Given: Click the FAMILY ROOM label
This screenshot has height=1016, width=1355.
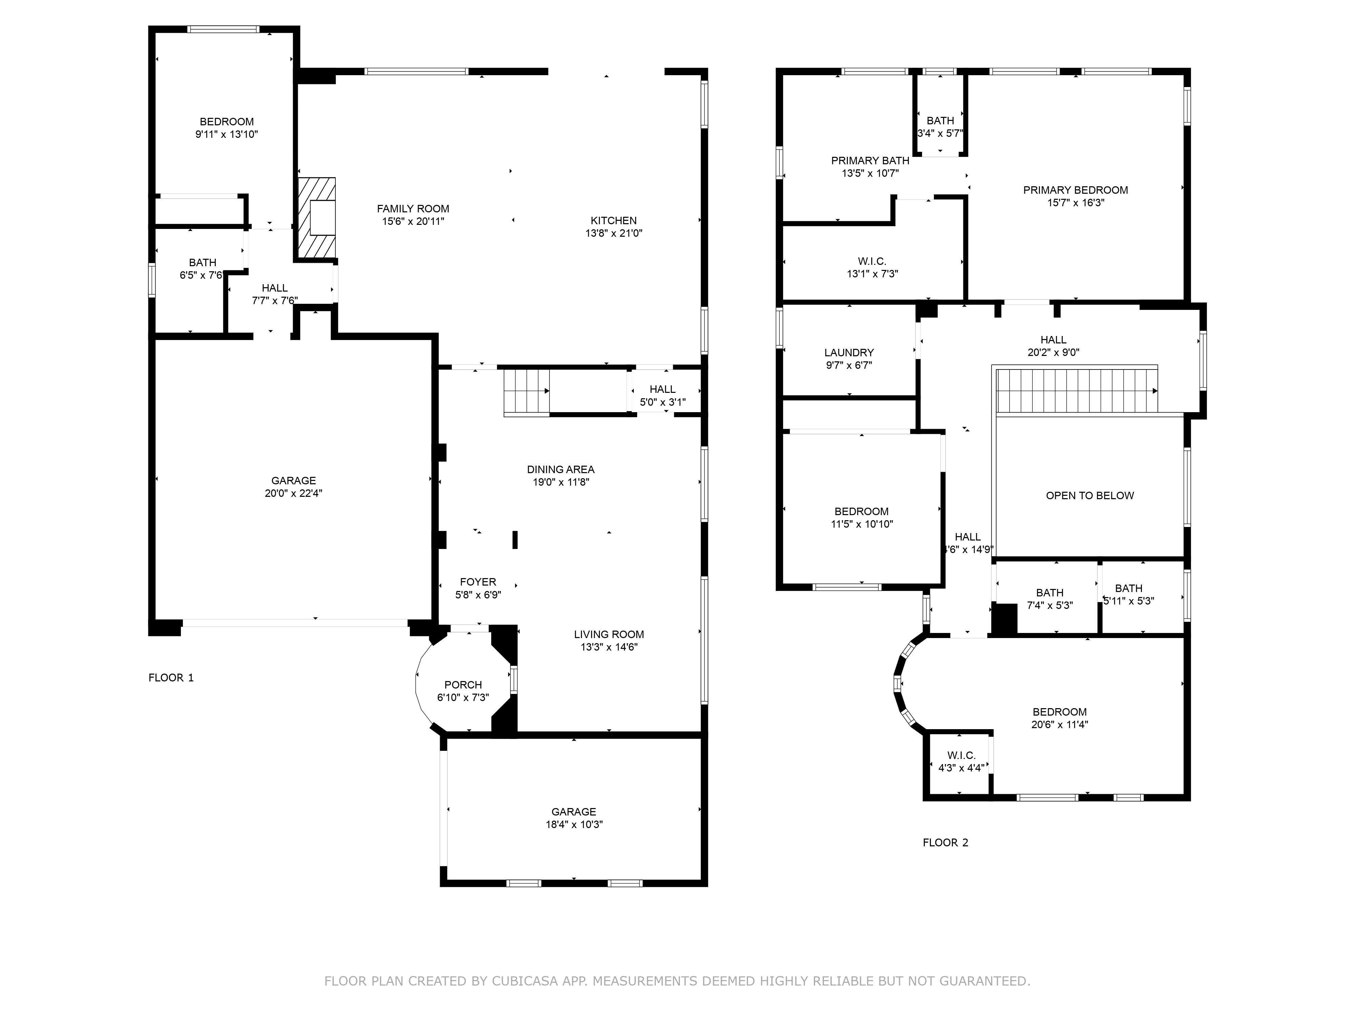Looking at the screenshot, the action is click(413, 209).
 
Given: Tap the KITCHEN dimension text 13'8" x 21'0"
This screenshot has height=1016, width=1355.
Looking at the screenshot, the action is click(614, 233).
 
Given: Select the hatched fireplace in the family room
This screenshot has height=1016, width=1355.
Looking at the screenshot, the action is click(317, 218).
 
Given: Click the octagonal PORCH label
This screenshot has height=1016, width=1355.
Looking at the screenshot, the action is click(463, 685).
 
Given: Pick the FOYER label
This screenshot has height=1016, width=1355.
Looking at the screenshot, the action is click(478, 582).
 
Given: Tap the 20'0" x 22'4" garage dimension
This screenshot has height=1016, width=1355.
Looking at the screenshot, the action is click(293, 493).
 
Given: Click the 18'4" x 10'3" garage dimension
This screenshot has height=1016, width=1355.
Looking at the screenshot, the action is click(574, 824).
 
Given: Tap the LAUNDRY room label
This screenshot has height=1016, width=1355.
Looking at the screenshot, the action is click(849, 353).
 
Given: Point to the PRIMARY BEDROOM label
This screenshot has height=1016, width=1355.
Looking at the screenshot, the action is click(1076, 190).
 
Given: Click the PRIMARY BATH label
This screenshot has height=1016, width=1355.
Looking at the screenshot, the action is click(870, 161).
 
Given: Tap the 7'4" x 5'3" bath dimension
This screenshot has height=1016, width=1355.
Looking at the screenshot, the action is click(1049, 606).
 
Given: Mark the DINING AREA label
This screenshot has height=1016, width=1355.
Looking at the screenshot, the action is click(561, 470).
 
